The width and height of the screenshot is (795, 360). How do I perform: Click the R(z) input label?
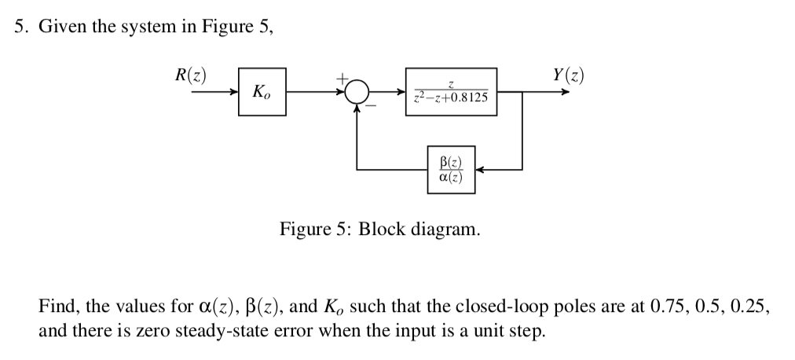(x=190, y=75)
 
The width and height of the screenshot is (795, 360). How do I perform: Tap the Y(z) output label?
(x=568, y=75)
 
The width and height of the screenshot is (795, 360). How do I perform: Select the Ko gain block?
(x=262, y=93)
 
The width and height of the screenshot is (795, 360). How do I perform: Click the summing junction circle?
(x=358, y=92)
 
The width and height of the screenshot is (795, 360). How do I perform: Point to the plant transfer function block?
(x=451, y=92)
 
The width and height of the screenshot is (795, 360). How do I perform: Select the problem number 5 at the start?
(x=20, y=26)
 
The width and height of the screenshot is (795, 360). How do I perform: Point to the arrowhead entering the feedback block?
(x=478, y=169)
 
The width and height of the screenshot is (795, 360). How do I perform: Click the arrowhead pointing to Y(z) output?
(x=565, y=92)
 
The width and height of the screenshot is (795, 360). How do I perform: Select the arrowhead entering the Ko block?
(x=233, y=93)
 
